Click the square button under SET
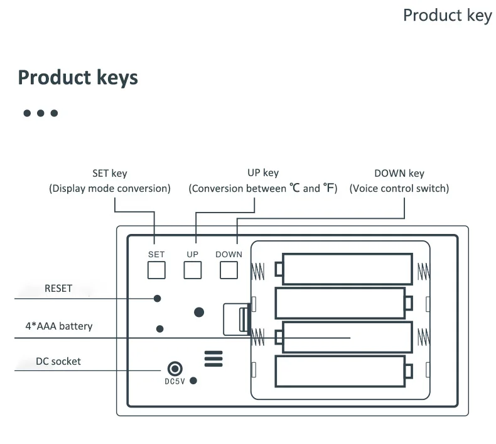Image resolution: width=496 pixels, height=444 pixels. point(156,270)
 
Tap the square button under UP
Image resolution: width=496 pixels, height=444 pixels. point(192,270)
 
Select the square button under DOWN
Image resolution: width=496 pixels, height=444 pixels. point(229,270)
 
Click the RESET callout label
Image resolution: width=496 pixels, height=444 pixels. point(58,289)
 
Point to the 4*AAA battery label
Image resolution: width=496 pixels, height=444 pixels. point(58,326)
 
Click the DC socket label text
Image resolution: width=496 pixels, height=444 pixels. point(58,361)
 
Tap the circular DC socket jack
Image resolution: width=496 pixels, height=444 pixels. point(173,369)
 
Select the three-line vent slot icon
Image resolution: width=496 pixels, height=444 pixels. point(213,358)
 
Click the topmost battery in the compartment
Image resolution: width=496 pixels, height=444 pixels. point(347,269)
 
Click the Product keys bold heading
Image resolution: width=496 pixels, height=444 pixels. point(78,77)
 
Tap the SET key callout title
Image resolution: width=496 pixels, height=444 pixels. point(109,174)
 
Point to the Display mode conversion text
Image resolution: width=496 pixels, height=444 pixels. point(110,188)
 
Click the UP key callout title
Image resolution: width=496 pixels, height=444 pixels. point(263,173)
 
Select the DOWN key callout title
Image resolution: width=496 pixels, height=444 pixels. point(399,174)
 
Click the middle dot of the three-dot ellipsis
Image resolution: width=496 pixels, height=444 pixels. point(41,113)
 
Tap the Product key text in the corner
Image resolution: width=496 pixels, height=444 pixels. point(447,15)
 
